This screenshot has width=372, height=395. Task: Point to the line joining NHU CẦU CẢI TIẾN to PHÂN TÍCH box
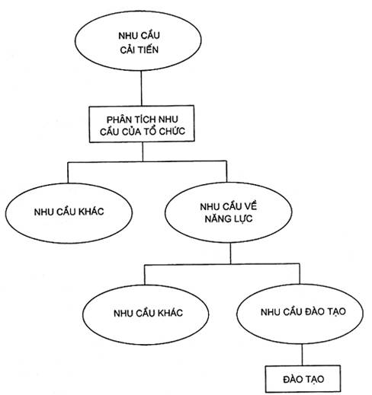coord(141,88)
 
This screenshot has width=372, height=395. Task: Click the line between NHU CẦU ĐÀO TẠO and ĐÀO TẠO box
coord(302,355)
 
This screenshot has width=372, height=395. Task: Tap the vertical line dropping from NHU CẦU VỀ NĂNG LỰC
coord(230,253)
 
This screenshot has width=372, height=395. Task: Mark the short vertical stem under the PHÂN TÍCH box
coord(143,151)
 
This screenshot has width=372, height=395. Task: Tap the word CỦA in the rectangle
coord(130,132)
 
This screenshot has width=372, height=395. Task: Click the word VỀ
coord(251,206)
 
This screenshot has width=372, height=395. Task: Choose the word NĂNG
coord(216,218)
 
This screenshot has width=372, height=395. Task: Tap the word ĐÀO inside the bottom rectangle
coord(293,379)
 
